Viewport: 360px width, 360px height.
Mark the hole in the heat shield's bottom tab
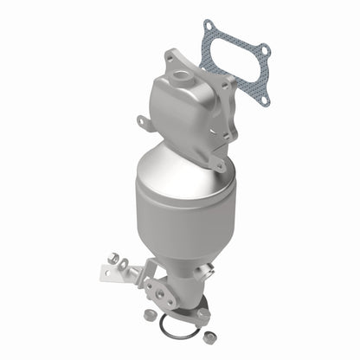(x=219, y=164)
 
